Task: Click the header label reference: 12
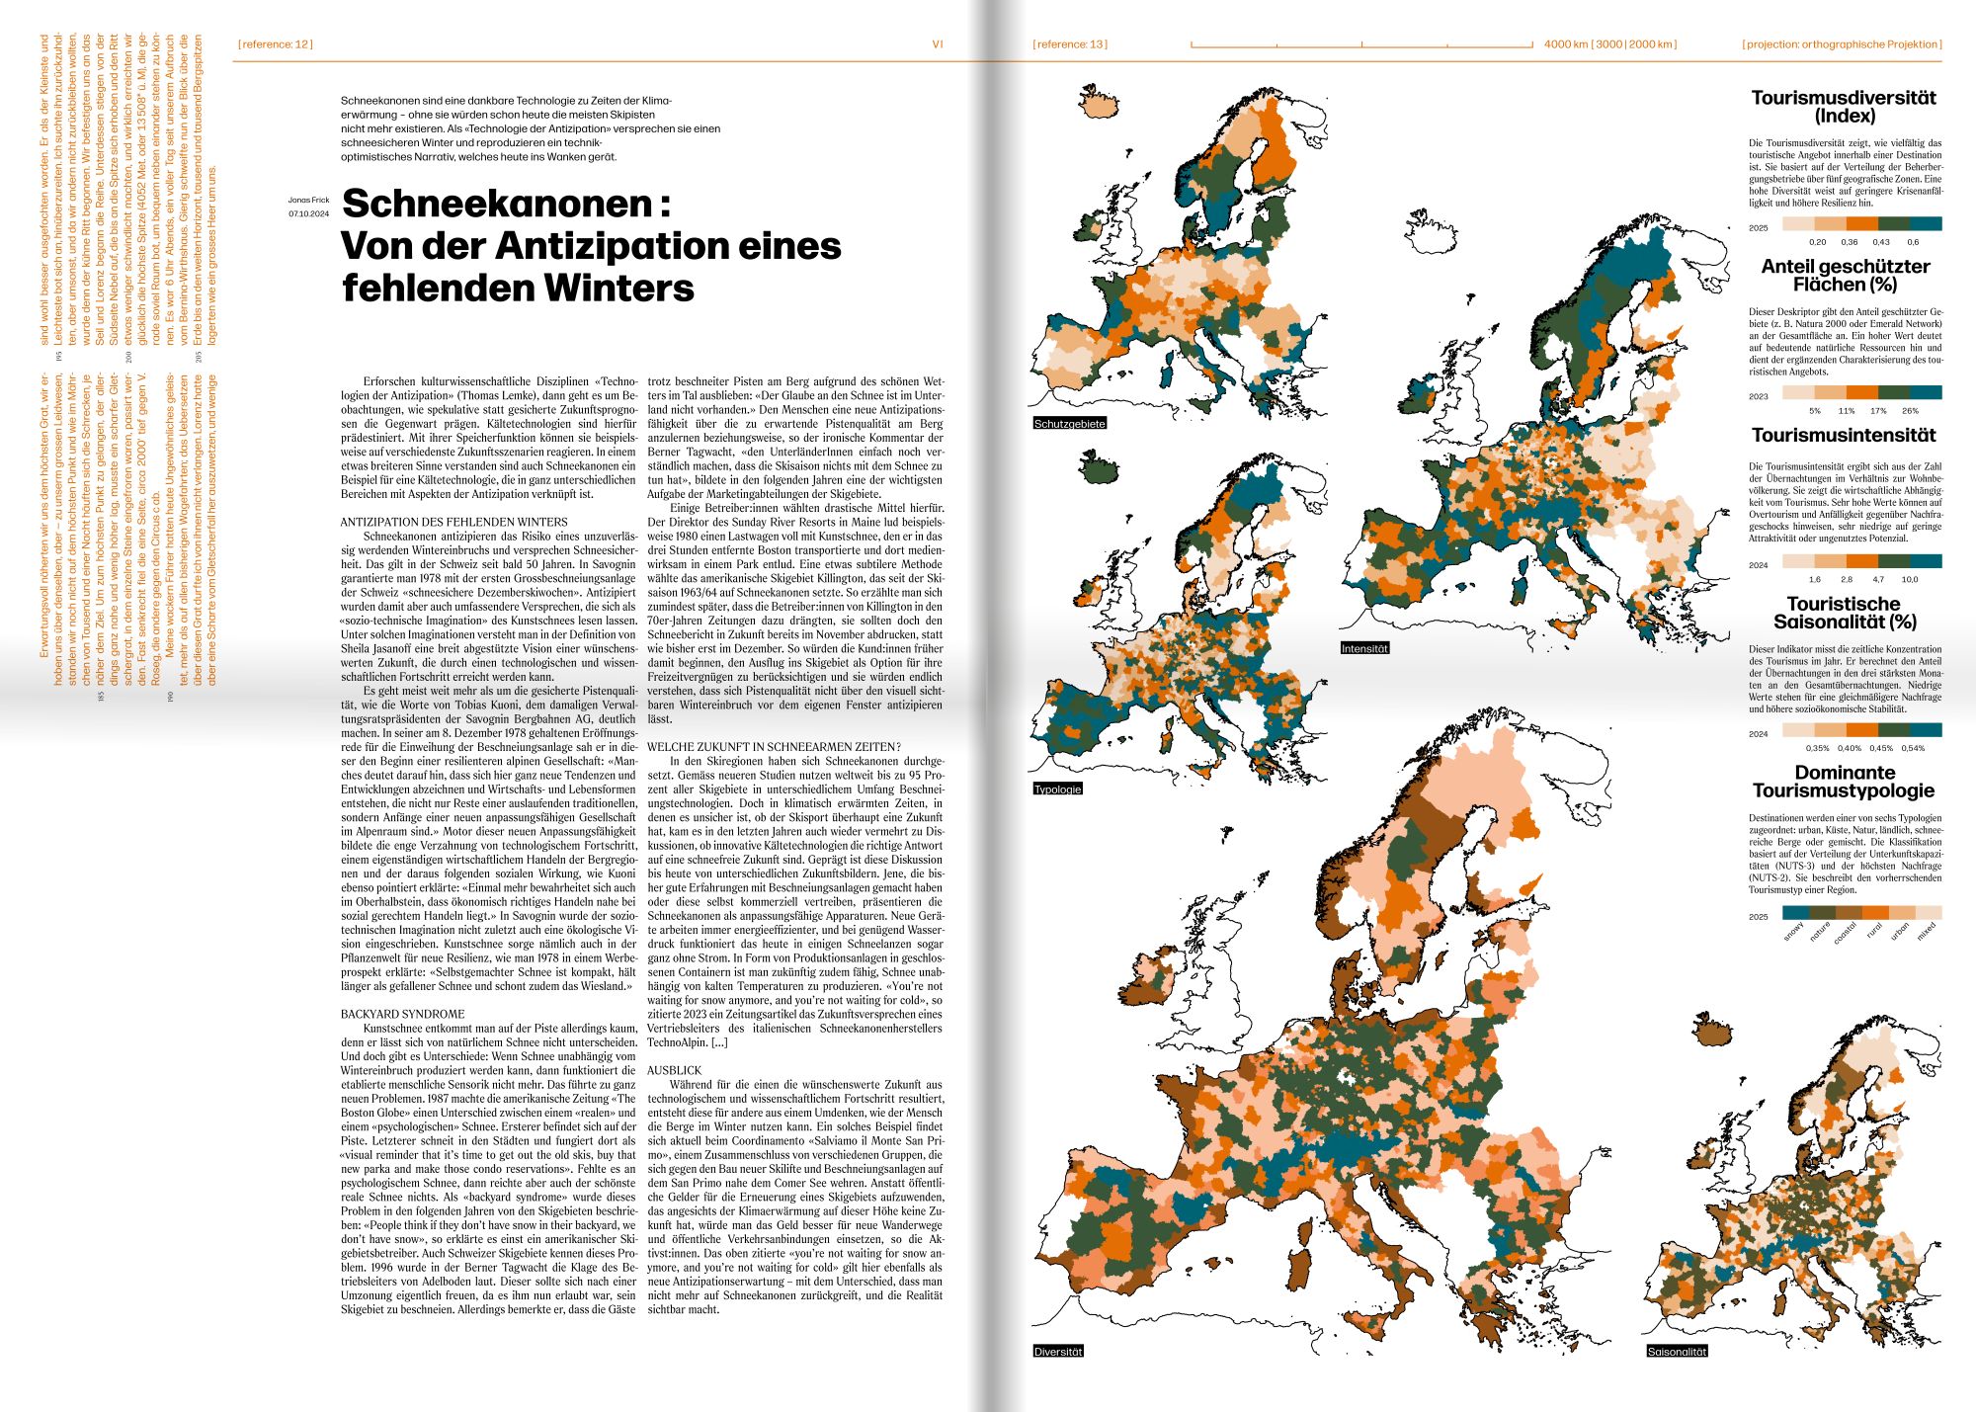coord(276,44)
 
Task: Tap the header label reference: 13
coord(1070,44)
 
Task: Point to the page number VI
coord(938,44)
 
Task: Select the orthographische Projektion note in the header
coord(1842,44)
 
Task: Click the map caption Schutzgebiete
coord(1069,424)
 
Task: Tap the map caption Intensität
coord(1364,649)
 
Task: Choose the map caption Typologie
coord(1057,789)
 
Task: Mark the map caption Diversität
coord(1058,1352)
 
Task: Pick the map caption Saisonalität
coord(1677,1352)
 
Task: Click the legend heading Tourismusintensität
coord(1844,436)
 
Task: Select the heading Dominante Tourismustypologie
coord(1844,782)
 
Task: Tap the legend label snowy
coord(1794,932)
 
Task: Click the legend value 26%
coord(1910,411)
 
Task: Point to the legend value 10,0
coord(1910,580)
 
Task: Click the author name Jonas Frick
coord(308,201)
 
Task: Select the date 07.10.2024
coord(308,213)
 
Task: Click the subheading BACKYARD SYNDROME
coord(402,1015)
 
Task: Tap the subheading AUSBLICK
coord(674,1071)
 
